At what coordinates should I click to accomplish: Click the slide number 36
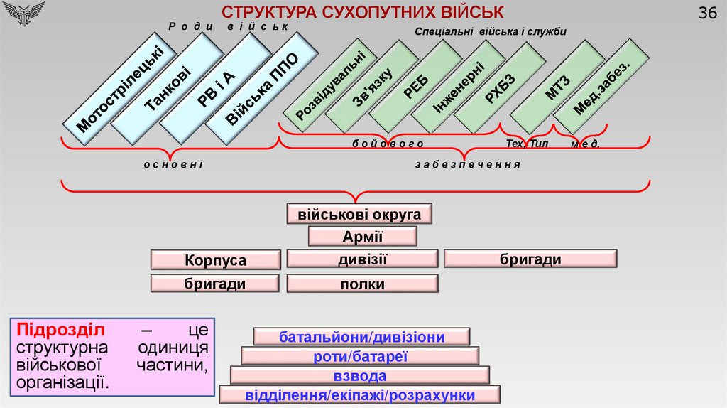click(707, 13)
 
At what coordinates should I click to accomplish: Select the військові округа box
click(359, 214)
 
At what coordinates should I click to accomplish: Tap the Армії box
click(362, 237)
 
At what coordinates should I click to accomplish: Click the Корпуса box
click(215, 260)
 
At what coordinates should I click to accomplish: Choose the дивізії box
click(362, 259)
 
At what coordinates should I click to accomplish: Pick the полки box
click(362, 284)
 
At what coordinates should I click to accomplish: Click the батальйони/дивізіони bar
click(361, 337)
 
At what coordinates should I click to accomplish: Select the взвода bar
click(360, 376)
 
